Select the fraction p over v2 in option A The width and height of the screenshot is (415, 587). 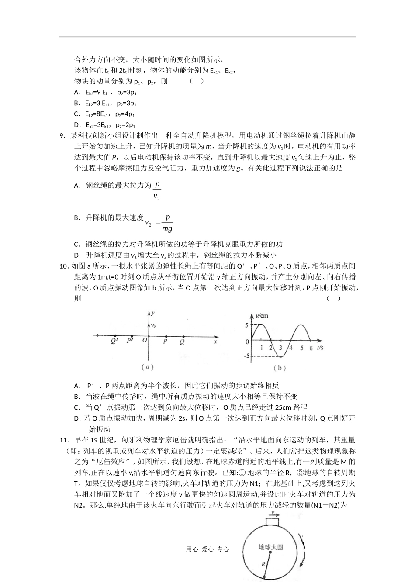click(x=157, y=190)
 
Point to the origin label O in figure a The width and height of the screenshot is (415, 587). click(x=145, y=341)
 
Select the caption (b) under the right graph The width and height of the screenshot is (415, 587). click(x=280, y=368)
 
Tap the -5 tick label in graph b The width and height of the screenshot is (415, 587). click(x=246, y=356)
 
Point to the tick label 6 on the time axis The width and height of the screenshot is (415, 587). click(x=311, y=348)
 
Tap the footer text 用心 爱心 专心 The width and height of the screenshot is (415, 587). click(x=207, y=549)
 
